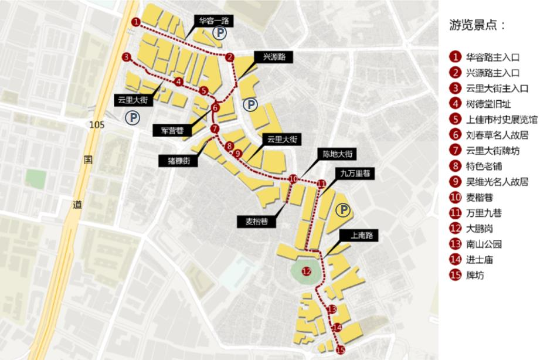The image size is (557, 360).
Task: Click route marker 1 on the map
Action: pyautogui.click(x=135, y=22)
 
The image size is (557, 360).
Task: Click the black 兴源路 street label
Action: pyautogui.click(x=273, y=57)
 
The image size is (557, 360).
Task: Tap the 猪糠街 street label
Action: pyautogui.click(x=178, y=159)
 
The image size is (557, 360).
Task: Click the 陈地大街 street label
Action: pyautogui.click(x=337, y=154)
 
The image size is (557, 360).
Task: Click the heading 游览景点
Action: pyautogui.click(x=476, y=26)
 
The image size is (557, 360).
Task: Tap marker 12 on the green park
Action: pyautogui.click(x=306, y=271)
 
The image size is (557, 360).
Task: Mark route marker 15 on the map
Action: pyautogui.click(x=341, y=350)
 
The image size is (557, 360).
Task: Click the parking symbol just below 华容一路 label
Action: pyautogui.click(x=219, y=34)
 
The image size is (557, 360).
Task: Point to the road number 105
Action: pyautogui.click(x=97, y=125)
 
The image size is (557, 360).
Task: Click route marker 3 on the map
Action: pyautogui.click(x=127, y=57)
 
